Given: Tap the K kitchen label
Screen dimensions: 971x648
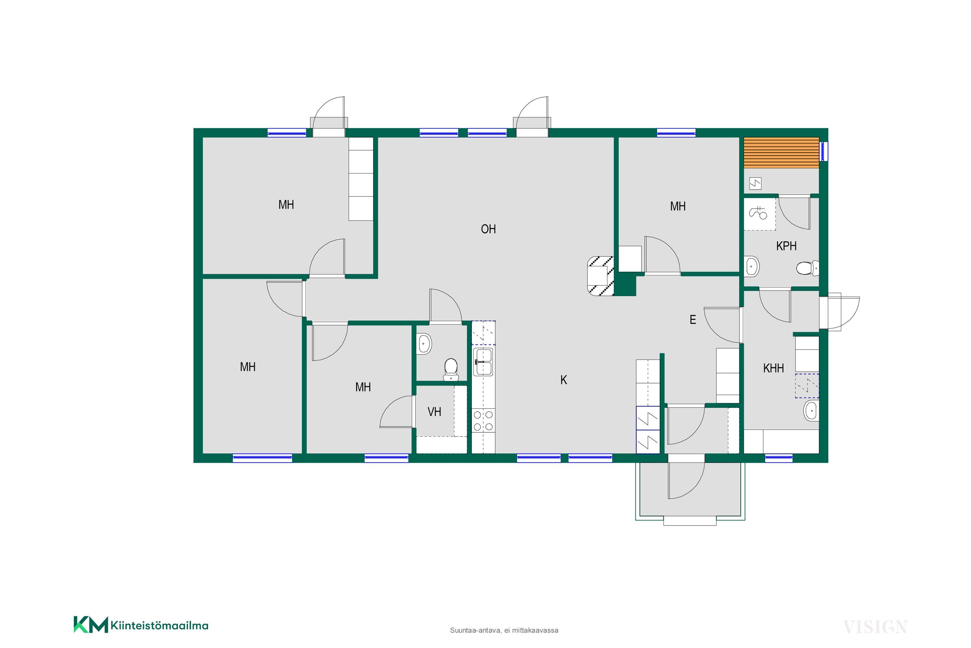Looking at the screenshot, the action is [564, 380].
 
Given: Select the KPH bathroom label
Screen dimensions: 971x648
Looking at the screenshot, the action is [787, 246].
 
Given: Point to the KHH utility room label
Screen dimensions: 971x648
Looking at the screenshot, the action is [774, 368].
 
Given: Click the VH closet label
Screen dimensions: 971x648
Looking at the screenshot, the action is [434, 412].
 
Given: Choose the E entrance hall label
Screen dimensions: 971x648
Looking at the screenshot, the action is [693, 319].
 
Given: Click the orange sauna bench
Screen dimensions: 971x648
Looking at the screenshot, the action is [781, 153].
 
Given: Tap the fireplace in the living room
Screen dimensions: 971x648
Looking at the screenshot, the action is [600, 276].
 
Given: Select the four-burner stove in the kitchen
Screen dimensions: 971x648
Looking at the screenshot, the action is [483, 420].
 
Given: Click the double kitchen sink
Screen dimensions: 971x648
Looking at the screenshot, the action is [483, 362].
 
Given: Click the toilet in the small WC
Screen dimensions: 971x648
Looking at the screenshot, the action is [451, 369].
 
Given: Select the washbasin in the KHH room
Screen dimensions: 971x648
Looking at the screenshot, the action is [811, 411].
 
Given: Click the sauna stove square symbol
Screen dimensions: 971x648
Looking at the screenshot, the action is [755, 183].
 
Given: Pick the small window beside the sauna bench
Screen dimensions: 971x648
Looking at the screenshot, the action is [823, 151].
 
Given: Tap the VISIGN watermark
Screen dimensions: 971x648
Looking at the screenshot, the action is [875, 627].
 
